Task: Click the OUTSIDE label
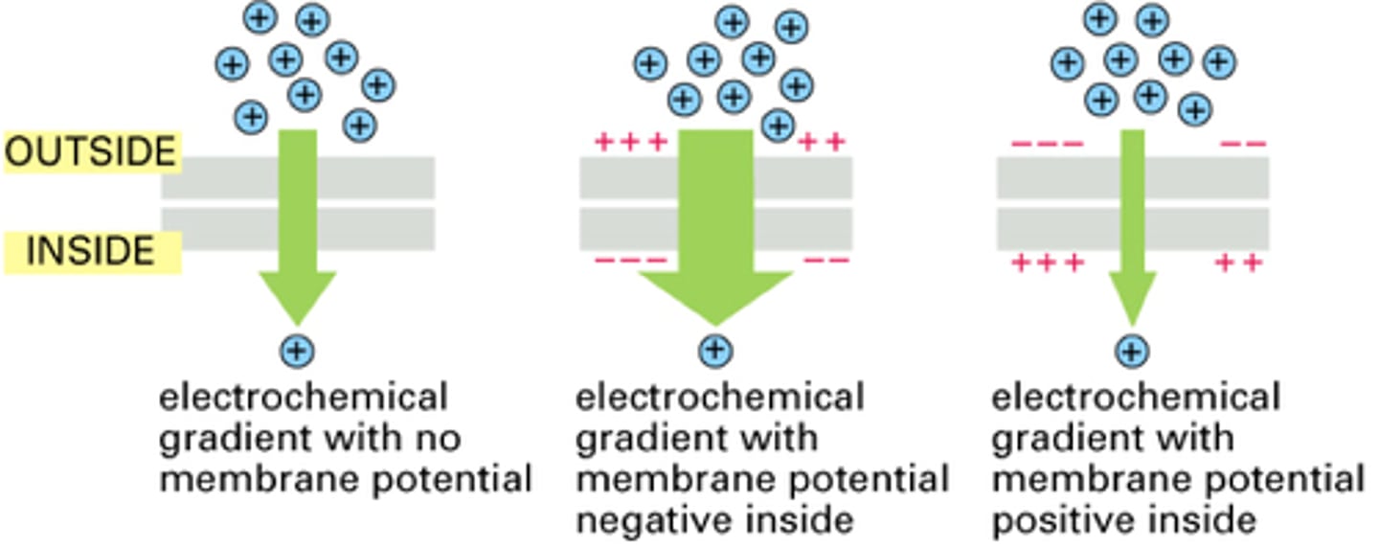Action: tap(91, 152)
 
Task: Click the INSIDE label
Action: tap(91, 251)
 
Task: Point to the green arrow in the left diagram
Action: tap(298, 230)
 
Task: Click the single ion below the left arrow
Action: tap(297, 352)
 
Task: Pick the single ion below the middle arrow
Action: tap(715, 351)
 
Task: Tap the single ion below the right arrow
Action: tap(1133, 352)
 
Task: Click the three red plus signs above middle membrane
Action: tap(630, 143)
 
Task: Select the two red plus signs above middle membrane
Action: tap(822, 143)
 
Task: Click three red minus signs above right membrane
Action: tap(1048, 145)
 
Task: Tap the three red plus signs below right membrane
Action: tap(1048, 262)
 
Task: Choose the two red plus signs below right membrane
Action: tap(1239, 262)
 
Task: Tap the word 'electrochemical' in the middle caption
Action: tap(719, 397)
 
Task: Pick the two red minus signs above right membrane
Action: tap(1242, 145)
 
